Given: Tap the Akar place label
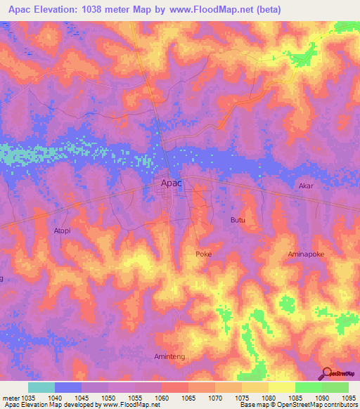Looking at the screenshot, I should point(306,186).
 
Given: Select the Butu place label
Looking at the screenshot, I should point(238,220).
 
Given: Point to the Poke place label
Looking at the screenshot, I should point(203,254).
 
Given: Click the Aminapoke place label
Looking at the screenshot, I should point(307,254).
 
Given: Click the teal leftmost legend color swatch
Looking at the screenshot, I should point(41,387).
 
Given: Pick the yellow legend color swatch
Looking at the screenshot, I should point(281,387).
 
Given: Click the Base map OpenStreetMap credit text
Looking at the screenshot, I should point(298,405).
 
